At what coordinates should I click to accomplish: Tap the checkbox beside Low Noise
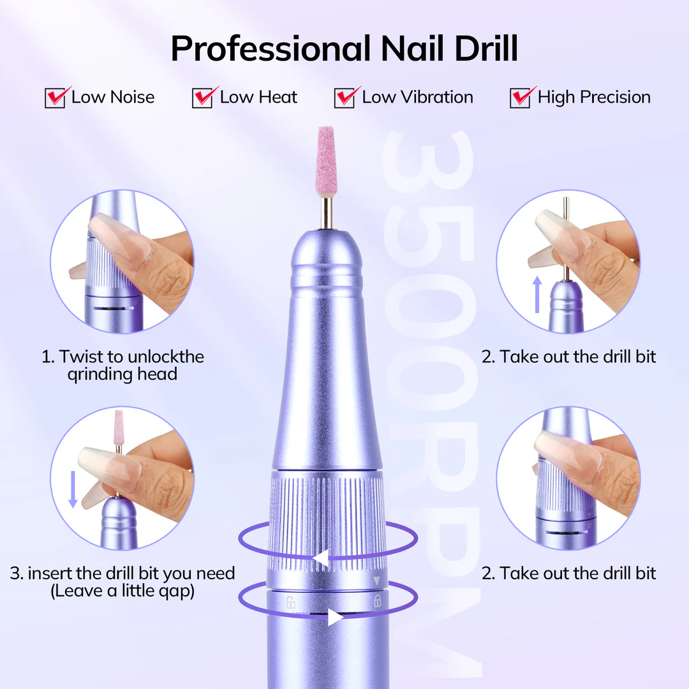pos(55,98)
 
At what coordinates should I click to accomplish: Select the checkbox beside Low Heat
pos(202,98)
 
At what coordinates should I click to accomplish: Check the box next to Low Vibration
pos(344,98)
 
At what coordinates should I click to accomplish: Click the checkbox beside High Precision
pos(520,98)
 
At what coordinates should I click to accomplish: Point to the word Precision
pos(616,98)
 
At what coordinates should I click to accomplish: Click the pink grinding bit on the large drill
pos(326,160)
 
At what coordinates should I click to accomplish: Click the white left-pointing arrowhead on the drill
pos(320,559)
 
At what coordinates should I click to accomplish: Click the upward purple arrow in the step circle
pos(537,293)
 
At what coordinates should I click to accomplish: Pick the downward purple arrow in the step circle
pos(73,488)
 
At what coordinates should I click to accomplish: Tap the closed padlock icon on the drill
pos(377,600)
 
